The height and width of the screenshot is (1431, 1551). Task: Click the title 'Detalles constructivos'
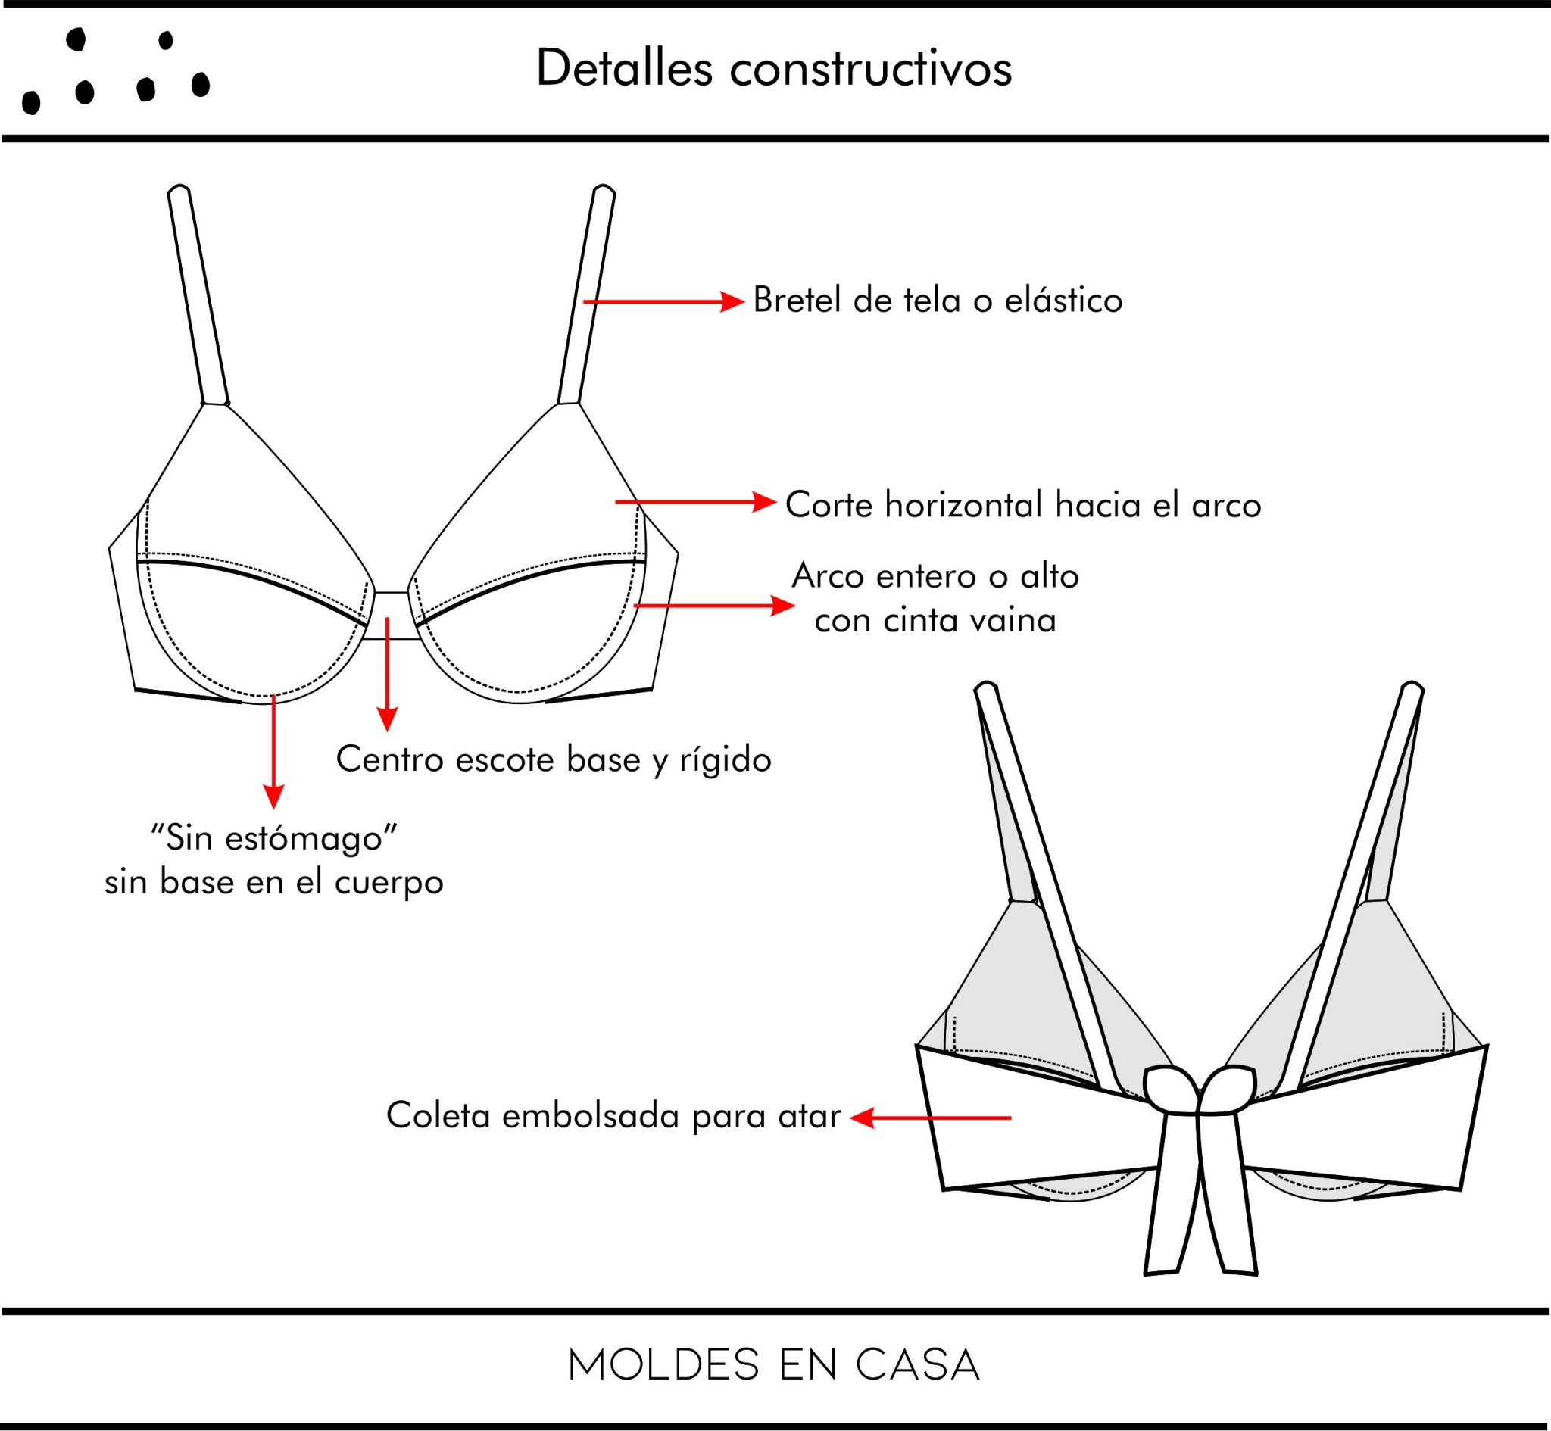773,69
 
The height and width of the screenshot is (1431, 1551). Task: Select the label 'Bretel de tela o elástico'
937,301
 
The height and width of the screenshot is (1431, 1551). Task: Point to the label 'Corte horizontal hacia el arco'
1023,505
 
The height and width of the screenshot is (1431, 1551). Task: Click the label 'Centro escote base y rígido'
553,759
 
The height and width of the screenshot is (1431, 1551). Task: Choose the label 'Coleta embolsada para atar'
613,1116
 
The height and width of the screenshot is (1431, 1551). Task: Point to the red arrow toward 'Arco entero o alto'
713,605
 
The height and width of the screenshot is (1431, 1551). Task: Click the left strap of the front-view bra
198,295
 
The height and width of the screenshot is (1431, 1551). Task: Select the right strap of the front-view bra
586,295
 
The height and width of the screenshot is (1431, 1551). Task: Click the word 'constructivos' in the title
870,69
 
